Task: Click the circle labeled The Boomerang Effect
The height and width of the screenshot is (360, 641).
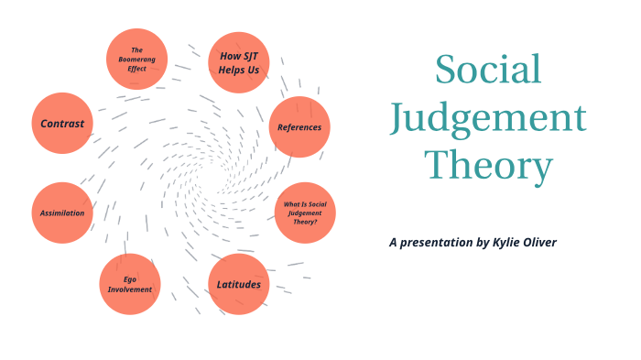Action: [x=137, y=59]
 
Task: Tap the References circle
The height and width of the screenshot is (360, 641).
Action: [x=299, y=126]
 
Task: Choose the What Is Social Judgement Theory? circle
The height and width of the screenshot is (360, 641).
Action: [x=305, y=213]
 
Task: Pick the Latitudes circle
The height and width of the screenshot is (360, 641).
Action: [x=238, y=284]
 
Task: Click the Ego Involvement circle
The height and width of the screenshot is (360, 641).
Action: [x=129, y=284]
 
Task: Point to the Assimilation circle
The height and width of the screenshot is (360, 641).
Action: [x=62, y=213]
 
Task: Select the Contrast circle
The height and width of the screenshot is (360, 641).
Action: [x=62, y=123]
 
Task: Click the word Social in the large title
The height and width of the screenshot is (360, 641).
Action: [x=487, y=71]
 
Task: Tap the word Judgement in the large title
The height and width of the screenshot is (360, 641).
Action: [x=487, y=118]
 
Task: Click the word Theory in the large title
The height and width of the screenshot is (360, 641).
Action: [x=489, y=166]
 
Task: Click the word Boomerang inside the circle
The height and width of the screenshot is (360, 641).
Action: [x=137, y=59]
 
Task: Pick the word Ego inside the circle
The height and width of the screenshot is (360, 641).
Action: [x=129, y=278]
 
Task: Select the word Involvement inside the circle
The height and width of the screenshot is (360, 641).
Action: [x=129, y=289]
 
